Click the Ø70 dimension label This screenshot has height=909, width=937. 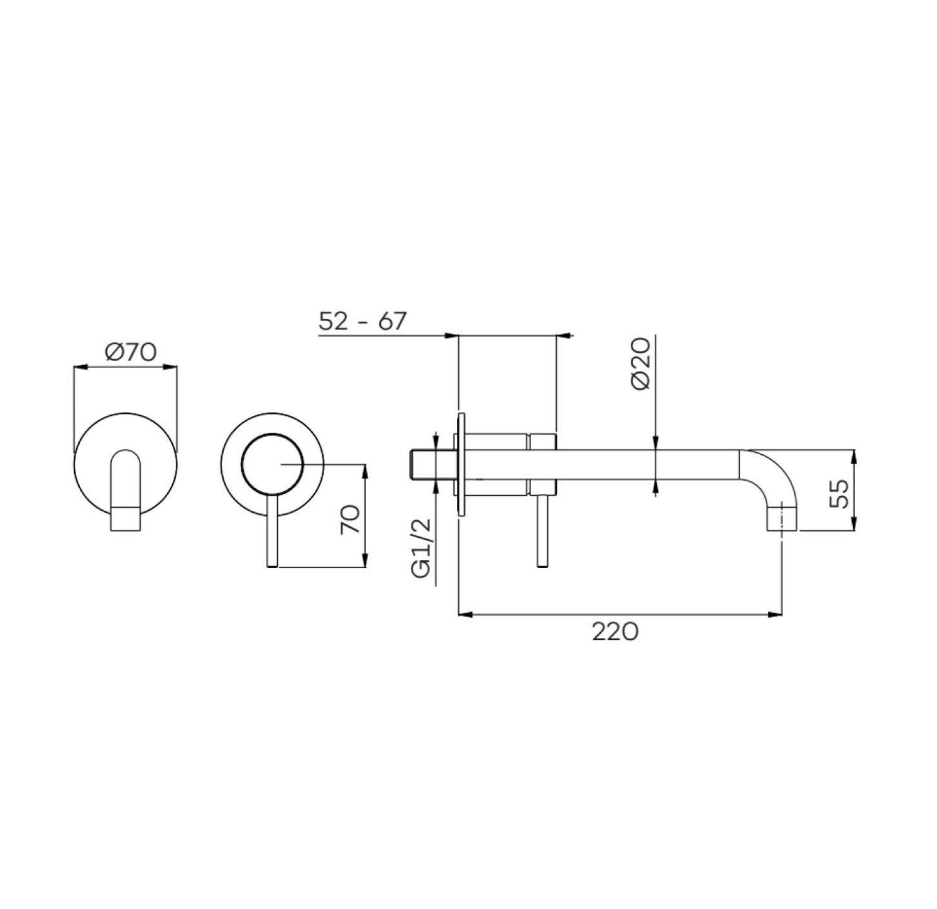(x=131, y=352)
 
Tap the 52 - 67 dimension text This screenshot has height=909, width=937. (x=363, y=321)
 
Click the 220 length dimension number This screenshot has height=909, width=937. (x=615, y=632)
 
